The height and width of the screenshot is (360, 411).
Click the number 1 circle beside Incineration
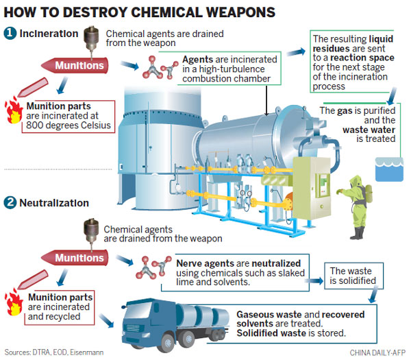pyautogui.click(x=10, y=33)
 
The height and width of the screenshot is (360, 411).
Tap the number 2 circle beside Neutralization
pyautogui.click(x=10, y=203)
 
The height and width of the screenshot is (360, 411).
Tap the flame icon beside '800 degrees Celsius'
pyautogui.click(x=13, y=111)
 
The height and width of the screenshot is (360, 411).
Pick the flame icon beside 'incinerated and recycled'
pyautogui.click(x=13, y=302)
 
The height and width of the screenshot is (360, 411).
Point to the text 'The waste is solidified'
pyautogui.click(x=352, y=276)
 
